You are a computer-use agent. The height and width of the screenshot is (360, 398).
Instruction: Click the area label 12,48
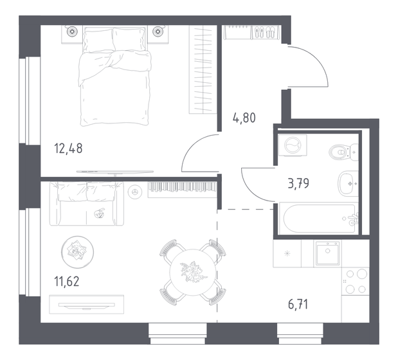coord(69,148)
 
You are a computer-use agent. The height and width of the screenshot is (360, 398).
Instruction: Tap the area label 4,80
coord(243,118)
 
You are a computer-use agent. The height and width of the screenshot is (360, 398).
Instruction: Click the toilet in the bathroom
coord(340,152)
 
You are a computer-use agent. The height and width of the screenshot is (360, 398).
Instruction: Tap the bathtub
coord(318,218)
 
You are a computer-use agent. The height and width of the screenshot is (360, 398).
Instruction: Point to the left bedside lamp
coord(70,30)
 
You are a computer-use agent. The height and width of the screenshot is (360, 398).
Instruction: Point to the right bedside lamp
coord(158,30)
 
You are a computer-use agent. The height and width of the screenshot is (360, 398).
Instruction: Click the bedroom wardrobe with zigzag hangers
coord(202,71)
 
